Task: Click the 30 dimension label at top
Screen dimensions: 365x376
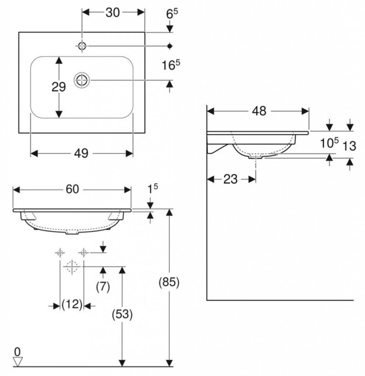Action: click(x=113, y=12)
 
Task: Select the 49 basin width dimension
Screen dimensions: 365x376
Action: click(x=81, y=153)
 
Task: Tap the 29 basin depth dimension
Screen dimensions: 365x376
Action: click(x=59, y=87)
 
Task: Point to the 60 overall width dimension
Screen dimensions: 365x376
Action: click(x=72, y=189)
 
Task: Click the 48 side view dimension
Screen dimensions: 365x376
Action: click(x=259, y=111)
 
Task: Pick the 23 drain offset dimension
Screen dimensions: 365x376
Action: click(x=230, y=179)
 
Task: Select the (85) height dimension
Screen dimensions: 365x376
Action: click(x=169, y=282)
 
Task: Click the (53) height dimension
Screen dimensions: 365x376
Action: click(x=122, y=314)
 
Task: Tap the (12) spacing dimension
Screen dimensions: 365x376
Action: click(x=72, y=305)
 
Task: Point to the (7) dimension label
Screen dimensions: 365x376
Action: click(x=103, y=287)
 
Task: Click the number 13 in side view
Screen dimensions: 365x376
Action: click(x=349, y=146)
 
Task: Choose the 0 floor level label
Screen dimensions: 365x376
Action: click(x=17, y=352)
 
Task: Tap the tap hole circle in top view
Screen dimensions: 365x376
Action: click(x=82, y=46)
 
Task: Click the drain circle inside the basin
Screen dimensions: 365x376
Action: click(x=82, y=80)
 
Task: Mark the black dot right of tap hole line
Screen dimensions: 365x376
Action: click(x=170, y=46)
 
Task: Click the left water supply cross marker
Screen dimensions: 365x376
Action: click(x=60, y=253)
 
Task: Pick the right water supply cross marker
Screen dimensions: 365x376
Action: click(x=84, y=253)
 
